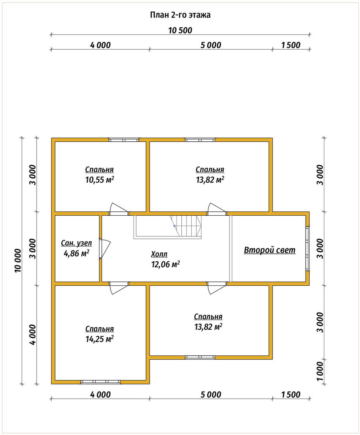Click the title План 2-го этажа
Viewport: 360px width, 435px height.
coord(180,15)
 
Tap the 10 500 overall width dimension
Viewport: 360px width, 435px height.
coord(180,30)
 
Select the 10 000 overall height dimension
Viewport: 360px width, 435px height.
coord(18,261)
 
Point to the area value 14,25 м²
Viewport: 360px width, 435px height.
coord(100,339)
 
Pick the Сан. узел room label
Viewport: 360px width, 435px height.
coord(76,243)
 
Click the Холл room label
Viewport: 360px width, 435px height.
coord(159,254)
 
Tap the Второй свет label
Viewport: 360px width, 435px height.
coord(270,250)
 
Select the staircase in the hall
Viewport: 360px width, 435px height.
coord(167,227)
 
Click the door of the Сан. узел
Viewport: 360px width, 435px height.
coord(104,249)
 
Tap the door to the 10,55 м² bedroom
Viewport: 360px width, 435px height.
coord(119,209)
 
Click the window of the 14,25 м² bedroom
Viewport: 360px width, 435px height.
coord(101,382)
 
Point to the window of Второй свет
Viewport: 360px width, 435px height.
coord(307,248)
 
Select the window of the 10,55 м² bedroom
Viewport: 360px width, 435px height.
coord(124,140)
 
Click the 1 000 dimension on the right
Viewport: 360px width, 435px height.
coord(320,371)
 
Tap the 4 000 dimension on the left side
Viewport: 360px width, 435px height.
coord(33,335)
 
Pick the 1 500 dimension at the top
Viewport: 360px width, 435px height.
coord(291,45)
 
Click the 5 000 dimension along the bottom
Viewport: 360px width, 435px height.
coord(211,395)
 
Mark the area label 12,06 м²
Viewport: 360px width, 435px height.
coord(165,264)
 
